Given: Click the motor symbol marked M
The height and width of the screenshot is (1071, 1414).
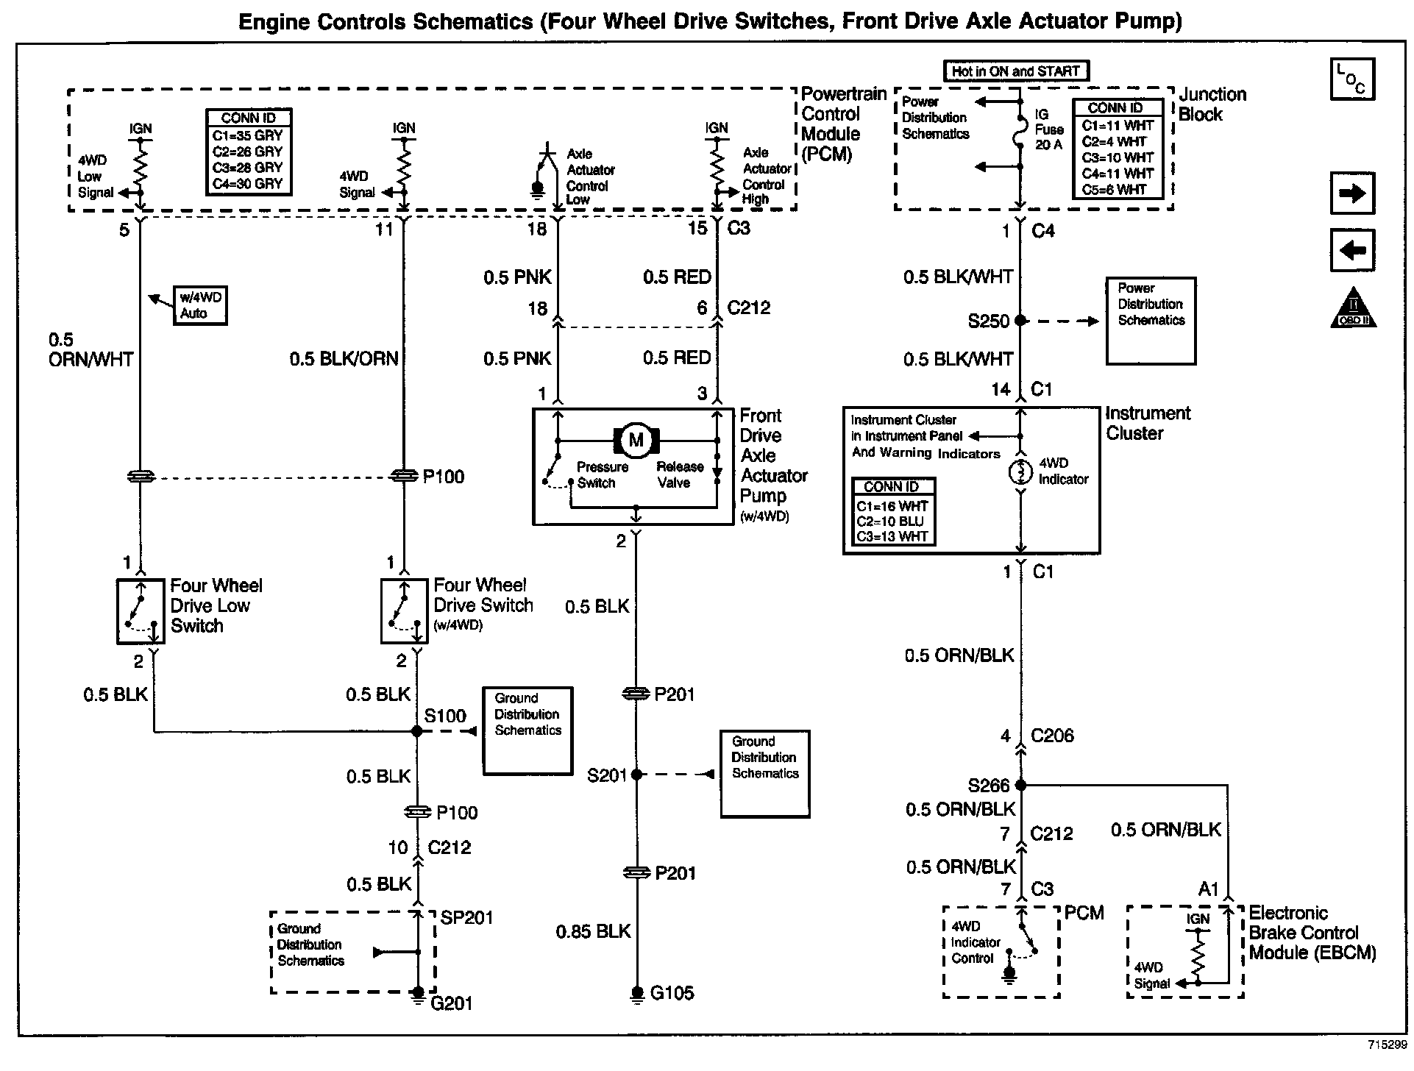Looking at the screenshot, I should (636, 441).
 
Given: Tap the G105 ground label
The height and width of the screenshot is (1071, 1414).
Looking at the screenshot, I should (672, 993).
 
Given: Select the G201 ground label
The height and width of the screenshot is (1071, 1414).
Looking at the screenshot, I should (451, 1003).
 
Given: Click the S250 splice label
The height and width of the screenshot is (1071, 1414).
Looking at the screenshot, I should (988, 321).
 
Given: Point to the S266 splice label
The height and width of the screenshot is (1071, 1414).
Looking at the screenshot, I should (988, 786).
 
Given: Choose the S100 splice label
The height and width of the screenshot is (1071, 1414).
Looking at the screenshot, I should (445, 716).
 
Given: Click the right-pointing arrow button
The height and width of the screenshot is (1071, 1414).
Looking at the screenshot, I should (1352, 194).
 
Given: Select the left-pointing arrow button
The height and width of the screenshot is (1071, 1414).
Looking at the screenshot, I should (1352, 250).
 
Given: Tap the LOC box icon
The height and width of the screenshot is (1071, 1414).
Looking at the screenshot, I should (1352, 79).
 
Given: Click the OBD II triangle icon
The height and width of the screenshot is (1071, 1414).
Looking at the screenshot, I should (1353, 309).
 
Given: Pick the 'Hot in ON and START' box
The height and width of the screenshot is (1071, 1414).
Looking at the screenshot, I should (1015, 71).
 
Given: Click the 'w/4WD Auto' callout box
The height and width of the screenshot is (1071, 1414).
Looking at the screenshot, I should (199, 305).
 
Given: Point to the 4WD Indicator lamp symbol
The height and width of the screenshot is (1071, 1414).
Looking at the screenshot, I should (1020, 472).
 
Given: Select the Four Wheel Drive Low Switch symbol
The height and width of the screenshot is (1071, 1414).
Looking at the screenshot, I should (140, 611).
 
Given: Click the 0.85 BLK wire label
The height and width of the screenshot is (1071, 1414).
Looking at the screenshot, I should (593, 931).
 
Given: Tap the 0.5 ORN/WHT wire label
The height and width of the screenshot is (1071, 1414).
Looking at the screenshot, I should (90, 349).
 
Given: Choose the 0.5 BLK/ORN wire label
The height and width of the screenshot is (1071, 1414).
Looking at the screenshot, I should (344, 359).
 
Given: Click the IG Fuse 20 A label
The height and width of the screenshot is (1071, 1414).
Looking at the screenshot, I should (1049, 129).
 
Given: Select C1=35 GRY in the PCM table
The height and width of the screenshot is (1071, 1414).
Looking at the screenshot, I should (248, 135).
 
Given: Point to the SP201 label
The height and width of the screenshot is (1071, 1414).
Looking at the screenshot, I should (466, 917).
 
